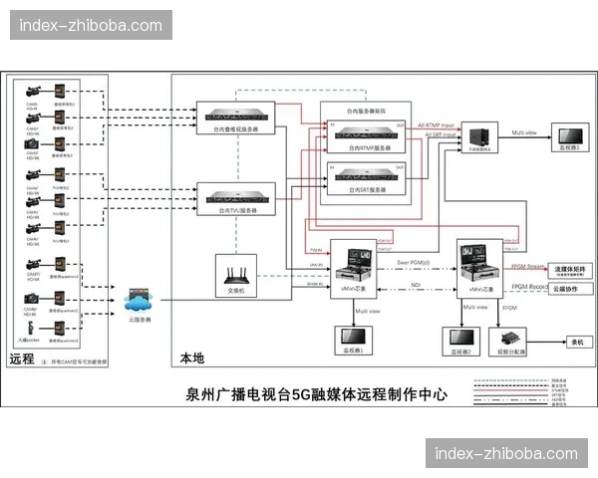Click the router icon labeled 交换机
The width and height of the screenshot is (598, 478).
point(236,271)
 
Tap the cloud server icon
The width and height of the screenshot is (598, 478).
point(138,298)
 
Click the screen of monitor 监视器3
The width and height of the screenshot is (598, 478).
point(570,134)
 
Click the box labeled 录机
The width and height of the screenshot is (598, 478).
point(575,342)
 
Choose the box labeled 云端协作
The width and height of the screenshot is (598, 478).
point(566,290)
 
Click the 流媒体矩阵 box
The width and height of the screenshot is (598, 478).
point(566,270)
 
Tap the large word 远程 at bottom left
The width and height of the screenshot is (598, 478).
point(22,358)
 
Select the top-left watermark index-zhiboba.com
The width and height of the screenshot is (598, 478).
point(91,25)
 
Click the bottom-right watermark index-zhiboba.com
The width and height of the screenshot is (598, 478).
point(506,454)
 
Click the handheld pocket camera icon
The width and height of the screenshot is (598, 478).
point(33,327)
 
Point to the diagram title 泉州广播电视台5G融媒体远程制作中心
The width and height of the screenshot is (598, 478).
point(316,394)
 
